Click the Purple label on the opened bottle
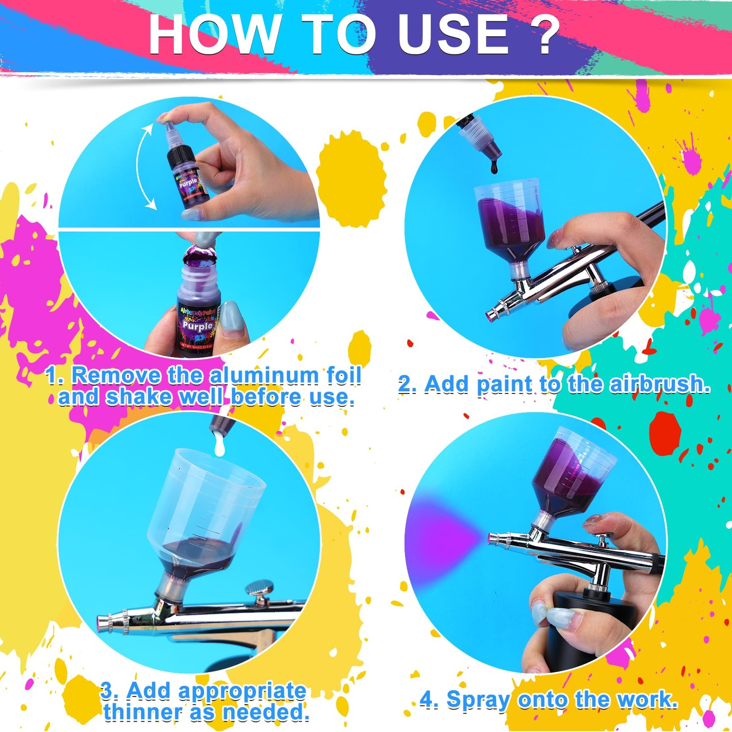click(x=197, y=325)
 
